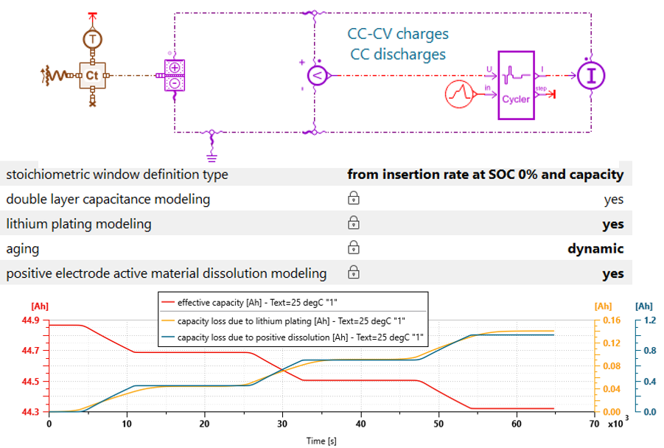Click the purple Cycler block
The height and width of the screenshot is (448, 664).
(515, 85)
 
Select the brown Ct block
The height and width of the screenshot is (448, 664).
(92, 74)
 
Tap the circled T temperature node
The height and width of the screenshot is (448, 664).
(92, 38)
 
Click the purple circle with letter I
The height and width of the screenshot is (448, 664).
(590, 74)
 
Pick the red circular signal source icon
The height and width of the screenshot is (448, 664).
(461, 94)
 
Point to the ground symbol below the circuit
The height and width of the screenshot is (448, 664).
(212, 155)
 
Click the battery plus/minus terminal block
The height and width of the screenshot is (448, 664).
(175, 75)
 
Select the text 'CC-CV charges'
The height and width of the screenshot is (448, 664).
(398, 34)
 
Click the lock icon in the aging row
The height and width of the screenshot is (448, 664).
(354, 248)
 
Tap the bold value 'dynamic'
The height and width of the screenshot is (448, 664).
(595, 249)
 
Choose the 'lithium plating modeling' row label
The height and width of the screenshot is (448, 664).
(79, 224)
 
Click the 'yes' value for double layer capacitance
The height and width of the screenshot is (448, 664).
(613, 199)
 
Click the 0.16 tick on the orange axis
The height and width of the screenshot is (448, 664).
(604, 321)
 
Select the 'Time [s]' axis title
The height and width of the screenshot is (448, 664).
(321, 440)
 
